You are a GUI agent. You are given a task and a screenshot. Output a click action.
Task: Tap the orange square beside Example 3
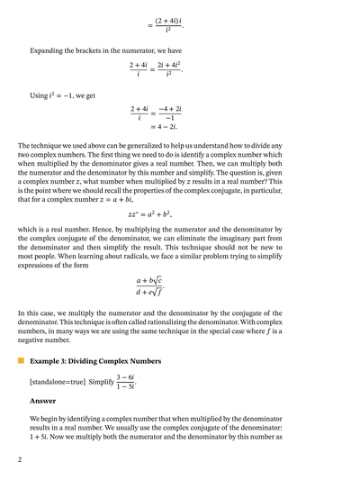coord(20,360)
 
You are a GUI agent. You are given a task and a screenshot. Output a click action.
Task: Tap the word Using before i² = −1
coord(41,95)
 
